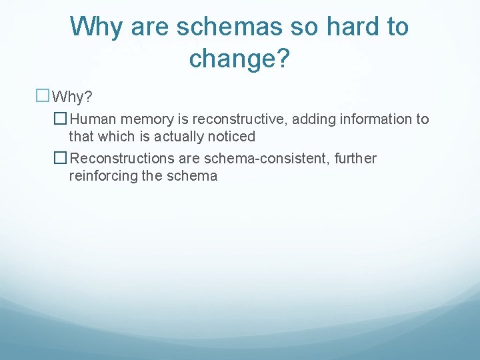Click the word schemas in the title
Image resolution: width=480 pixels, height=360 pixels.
225,27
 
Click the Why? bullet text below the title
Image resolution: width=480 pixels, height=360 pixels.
72,97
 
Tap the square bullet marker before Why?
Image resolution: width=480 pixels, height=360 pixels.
43,97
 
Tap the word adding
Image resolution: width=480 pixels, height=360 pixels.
308,119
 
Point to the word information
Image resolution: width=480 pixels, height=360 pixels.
375,119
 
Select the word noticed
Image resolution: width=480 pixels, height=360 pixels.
232,137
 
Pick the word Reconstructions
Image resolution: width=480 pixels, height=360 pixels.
119,159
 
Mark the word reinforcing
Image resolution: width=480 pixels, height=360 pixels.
101,176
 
